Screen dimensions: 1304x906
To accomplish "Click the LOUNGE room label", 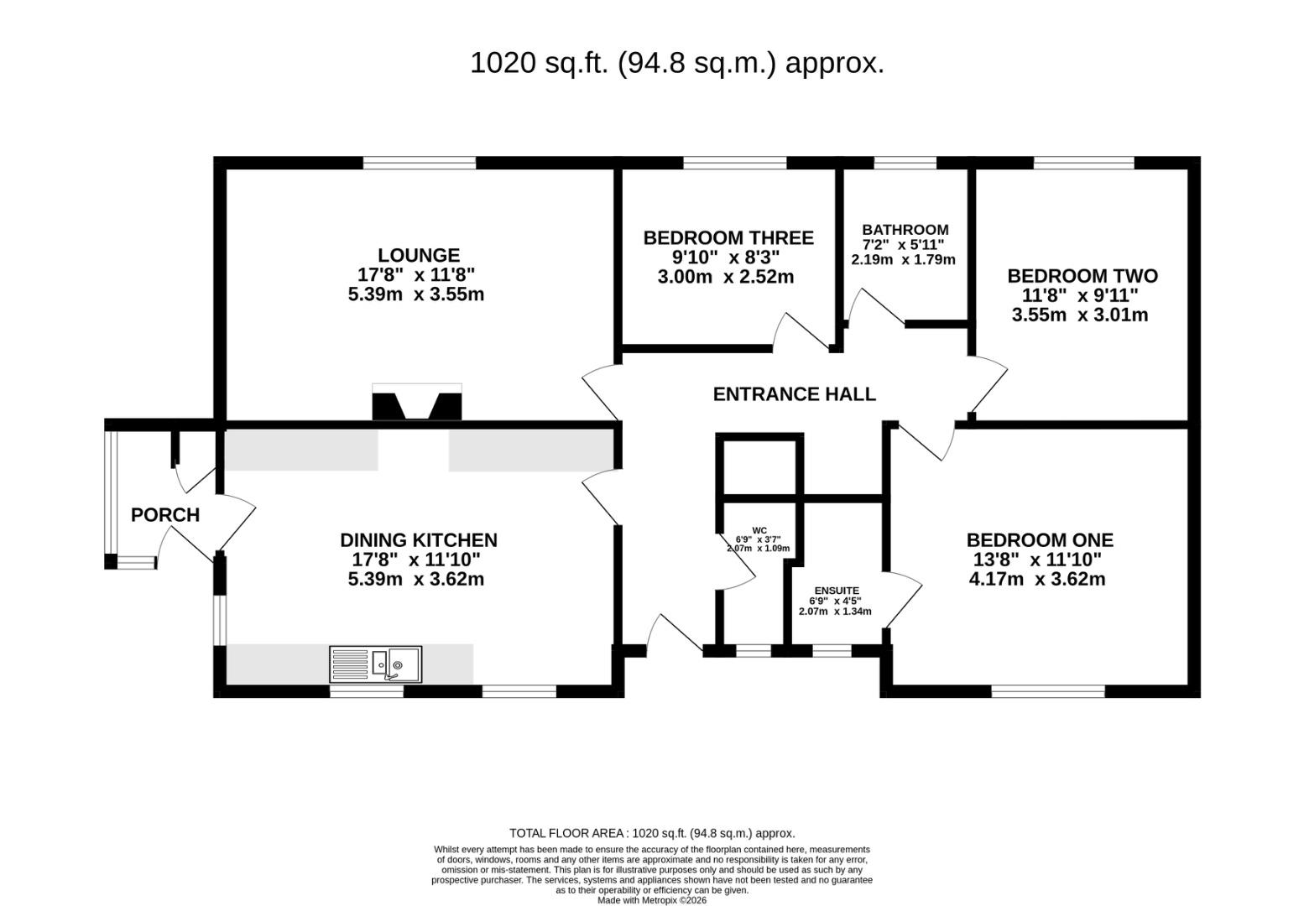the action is [x=419, y=255].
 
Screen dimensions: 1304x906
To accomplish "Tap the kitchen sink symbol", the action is [x=375, y=664].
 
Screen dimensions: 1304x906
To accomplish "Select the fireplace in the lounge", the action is [x=417, y=402].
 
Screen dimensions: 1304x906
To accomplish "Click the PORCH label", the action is [x=165, y=515].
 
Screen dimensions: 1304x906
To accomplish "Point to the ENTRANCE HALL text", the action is [x=794, y=394].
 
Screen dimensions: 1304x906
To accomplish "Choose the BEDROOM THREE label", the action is [x=728, y=237].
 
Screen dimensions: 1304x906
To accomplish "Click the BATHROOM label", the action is [x=905, y=229].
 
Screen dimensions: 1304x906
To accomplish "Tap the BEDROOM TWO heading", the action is [x=1082, y=275].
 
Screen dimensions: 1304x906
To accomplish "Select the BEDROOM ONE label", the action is [x=1040, y=540].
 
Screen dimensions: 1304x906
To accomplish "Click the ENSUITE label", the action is [x=837, y=591].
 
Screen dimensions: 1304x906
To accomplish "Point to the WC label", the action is [x=759, y=530].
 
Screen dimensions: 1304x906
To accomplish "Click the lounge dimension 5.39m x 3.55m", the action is [x=416, y=294].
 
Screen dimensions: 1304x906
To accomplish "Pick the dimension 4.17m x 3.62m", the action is [x=1037, y=579].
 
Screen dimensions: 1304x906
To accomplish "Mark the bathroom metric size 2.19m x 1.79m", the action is [x=904, y=259].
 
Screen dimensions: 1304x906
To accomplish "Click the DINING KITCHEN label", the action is [x=419, y=540].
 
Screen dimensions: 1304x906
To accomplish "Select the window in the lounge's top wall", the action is [x=420, y=163].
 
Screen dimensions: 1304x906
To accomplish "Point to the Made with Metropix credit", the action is [x=652, y=900].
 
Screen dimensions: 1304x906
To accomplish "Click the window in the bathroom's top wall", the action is [x=905, y=163].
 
